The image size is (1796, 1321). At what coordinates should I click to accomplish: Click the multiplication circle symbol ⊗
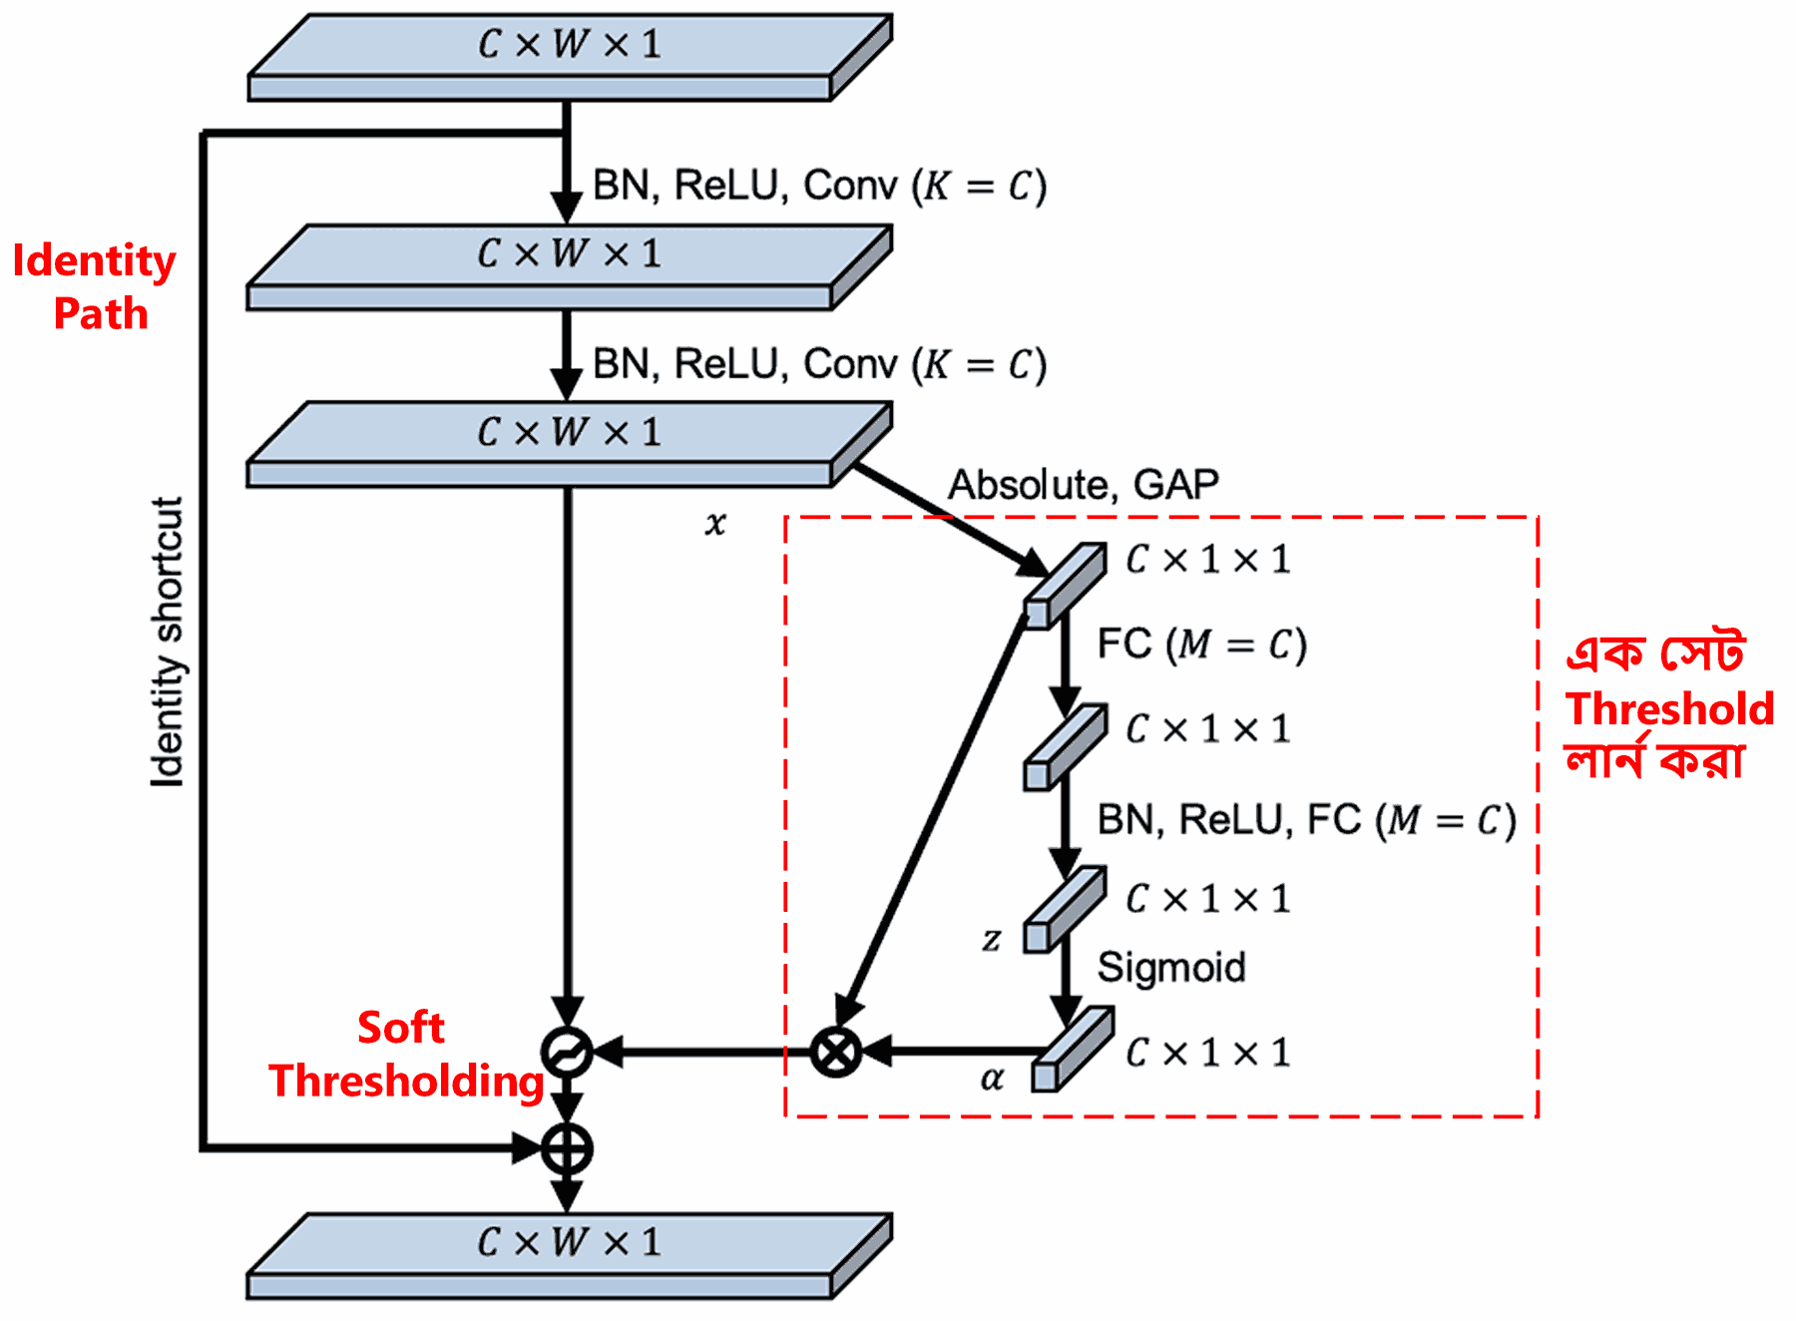pyautogui.click(x=836, y=1052)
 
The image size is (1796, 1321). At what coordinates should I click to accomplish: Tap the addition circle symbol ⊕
pyautogui.click(x=567, y=1148)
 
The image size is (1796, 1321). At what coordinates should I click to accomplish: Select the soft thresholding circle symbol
pyautogui.click(x=567, y=1052)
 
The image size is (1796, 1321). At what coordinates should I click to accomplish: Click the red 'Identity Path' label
pyautogui.click(x=95, y=287)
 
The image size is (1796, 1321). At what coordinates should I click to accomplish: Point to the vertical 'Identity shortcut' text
pyautogui.click(x=168, y=643)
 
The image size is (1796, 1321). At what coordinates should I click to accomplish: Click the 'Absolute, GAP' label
pyautogui.click(x=1084, y=485)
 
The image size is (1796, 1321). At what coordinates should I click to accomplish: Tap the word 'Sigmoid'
pyautogui.click(x=1171, y=967)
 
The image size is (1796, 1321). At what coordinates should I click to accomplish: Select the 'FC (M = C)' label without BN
pyautogui.click(x=1201, y=645)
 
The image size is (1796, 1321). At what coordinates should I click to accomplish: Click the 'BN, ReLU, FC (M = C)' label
pyautogui.click(x=1306, y=820)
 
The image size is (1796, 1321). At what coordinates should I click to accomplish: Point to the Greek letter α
pyautogui.click(x=992, y=1079)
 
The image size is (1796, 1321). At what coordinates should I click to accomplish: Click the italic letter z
pyautogui.click(x=991, y=939)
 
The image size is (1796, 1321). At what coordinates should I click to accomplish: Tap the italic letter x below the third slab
pyautogui.click(x=715, y=524)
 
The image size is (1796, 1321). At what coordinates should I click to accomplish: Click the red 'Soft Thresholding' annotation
pyautogui.click(x=404, y=1055)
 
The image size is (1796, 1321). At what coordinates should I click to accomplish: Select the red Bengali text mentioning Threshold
pyautogui.click(x=1667, y=708)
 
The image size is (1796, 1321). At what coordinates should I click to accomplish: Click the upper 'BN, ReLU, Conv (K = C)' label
pyautogui.click(x=819, y=186)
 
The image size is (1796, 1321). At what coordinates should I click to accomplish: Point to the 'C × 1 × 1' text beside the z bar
pyautogui.click(x=1207, y=899)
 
